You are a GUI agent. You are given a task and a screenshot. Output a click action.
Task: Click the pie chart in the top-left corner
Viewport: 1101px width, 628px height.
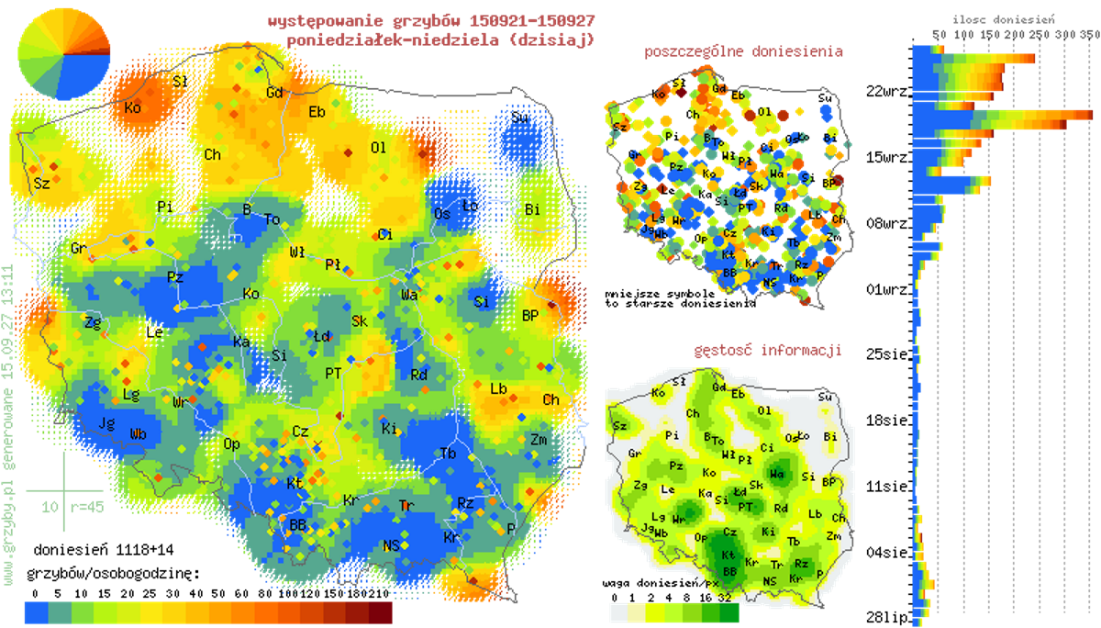point(63,54)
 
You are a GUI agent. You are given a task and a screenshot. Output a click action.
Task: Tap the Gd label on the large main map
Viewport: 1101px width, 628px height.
point(273,94)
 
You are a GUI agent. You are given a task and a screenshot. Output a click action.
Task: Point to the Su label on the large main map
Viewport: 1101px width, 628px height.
point(520,118)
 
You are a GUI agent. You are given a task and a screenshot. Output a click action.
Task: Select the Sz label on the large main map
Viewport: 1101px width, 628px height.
point(41,183)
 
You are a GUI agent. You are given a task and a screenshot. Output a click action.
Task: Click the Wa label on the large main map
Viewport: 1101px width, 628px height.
point(410,295)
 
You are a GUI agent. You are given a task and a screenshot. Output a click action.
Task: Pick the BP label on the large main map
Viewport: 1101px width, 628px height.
point(530,315)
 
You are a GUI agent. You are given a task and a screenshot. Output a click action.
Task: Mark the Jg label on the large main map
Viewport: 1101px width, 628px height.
point(106,423)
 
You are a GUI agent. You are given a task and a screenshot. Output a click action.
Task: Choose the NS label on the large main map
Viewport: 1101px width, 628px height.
point(392,545)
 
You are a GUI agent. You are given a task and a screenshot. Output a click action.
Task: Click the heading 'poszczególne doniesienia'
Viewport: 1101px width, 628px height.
point(744,51)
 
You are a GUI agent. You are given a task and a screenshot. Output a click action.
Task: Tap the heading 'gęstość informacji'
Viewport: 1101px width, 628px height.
point(769,350)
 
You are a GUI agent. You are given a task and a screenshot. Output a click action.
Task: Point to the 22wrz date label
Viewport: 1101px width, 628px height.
point(886,91)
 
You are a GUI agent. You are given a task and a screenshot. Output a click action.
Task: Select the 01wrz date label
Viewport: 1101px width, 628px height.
point(886,289)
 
